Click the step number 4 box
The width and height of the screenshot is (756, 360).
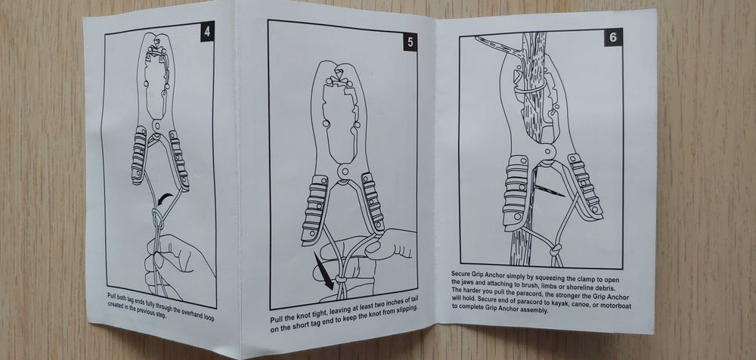tap(207, 31)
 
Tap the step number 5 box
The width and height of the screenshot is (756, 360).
tap(410, 42)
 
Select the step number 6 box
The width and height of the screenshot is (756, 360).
tap(613, 37)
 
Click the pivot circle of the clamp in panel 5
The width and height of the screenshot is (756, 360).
tap(344, 172)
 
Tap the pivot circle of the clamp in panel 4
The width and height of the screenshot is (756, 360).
tap(156, 126)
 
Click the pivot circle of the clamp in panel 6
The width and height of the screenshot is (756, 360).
tap(547, 152)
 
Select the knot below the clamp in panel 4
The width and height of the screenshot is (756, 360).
tap(158, 219)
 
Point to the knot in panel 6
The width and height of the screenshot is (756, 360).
tap(556, 250)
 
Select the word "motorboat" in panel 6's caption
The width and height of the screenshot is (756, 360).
tap(614, 306)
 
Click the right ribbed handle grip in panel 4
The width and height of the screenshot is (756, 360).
tap(179, 163)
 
